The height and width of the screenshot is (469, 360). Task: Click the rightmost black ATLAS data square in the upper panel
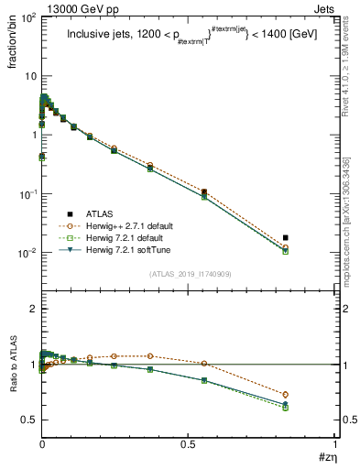click(285, 237)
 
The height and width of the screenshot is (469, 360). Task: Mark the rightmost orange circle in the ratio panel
click(285, 395)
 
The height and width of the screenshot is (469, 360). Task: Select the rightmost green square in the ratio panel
click(285, 408)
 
